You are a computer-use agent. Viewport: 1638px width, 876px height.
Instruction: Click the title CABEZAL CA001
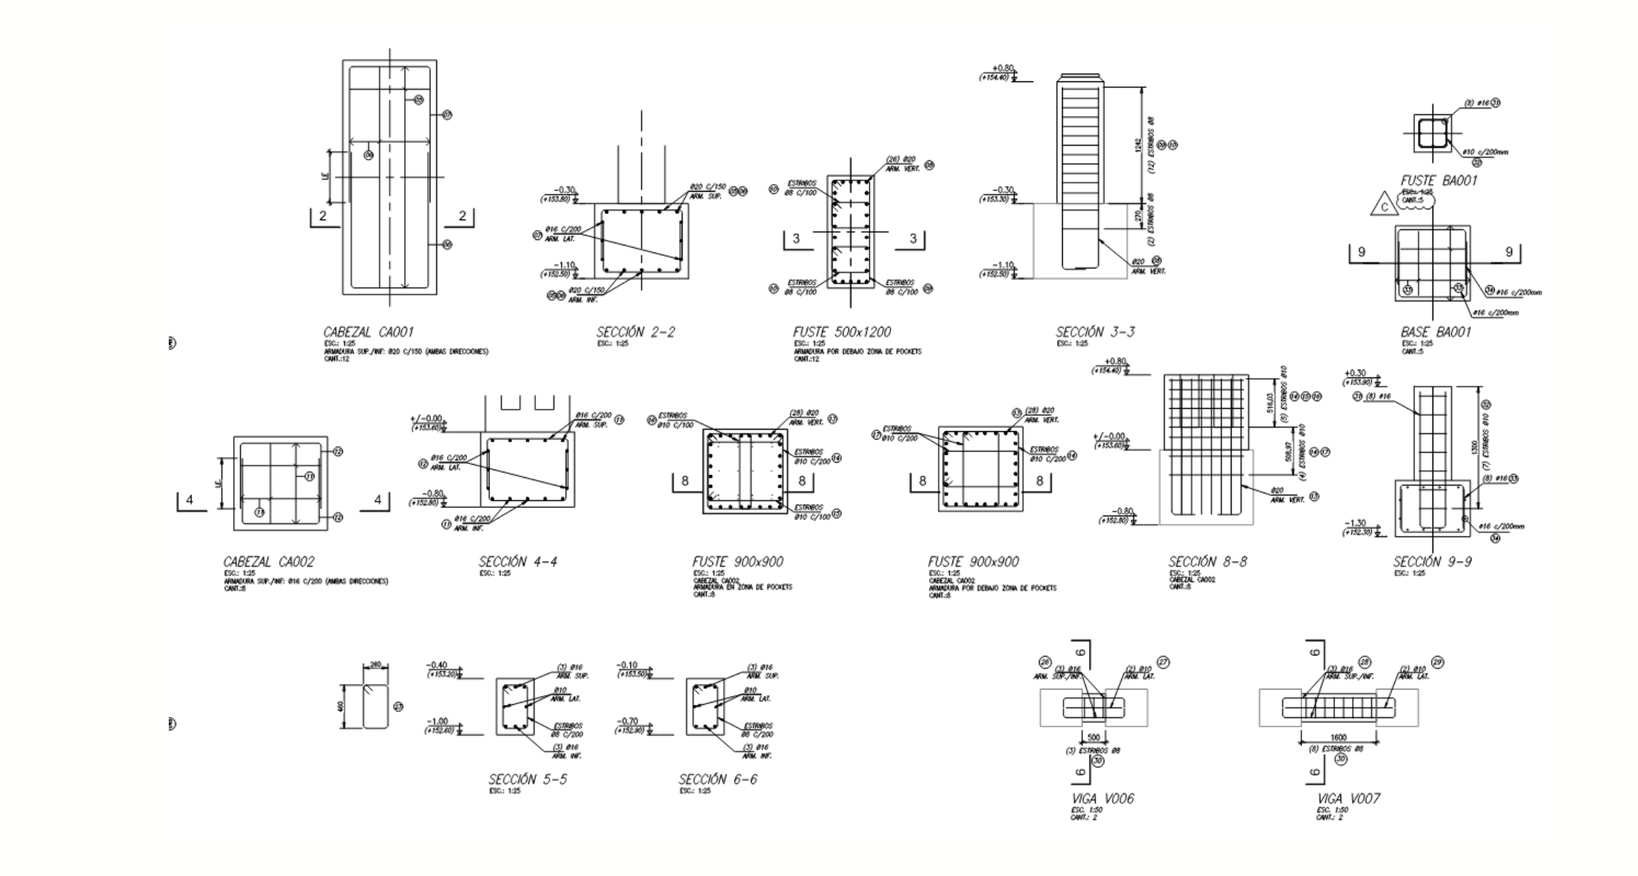coord(368,332)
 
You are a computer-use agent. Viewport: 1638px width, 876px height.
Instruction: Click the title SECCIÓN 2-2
coord(636,332)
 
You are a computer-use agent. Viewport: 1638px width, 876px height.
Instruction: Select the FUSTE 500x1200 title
coord(841,332)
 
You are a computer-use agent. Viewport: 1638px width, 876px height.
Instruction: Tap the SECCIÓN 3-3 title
coord(1095,332)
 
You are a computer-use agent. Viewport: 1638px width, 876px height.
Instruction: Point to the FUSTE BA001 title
coord(1438,180)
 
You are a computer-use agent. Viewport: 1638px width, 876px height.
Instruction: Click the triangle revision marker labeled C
coord(1384,207)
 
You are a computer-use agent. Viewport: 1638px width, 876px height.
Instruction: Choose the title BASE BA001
coord(1436,332)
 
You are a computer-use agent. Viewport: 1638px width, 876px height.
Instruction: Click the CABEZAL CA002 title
coord(268,562)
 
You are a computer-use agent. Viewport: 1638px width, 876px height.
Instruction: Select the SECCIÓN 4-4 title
coord(518,562)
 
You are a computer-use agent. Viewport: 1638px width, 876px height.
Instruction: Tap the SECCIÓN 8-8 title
coord(1207,562)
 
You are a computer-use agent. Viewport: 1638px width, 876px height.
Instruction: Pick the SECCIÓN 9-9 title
coord(1432,562)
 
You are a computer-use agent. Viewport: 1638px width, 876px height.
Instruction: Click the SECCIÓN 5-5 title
coord(528,779)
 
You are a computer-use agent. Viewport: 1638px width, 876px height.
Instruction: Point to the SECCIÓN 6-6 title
coord(718,779)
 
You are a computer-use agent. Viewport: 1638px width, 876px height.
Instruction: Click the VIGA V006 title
coord(1102,799)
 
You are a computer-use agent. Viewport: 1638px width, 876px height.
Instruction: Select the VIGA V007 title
coord(1348,799)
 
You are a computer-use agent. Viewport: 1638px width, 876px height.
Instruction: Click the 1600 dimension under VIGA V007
coord(1338,737)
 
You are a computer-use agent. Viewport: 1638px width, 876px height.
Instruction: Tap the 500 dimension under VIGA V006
coord(1094,737)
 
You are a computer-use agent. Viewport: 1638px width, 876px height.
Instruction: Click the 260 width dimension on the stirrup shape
coord(375,664)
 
